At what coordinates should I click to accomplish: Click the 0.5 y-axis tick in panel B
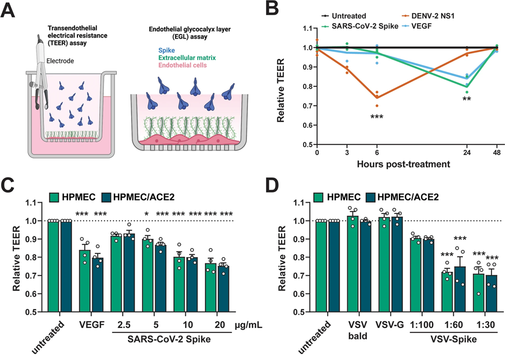point(307,144)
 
